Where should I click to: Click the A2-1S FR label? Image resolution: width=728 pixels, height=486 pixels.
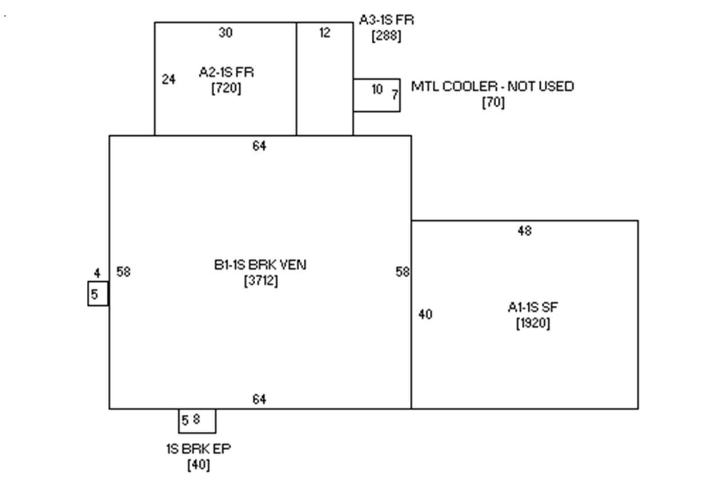pyautogui.click(x=227, y=72)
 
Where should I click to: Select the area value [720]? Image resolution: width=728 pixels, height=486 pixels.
pyautogui.click(x=226, y=88)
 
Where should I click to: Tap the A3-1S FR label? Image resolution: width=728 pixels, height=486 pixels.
pyautogui.click(x=387, y=20)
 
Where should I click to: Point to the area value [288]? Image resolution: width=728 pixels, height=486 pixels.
pyautogui.click(x=386, y=36)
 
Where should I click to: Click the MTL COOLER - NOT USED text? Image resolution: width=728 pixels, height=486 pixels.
pyautogui.click(x=493, y=86)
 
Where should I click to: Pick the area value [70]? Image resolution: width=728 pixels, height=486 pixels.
pyautogui.click(x=493, y=103)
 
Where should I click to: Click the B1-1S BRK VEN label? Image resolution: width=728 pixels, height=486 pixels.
pyautogui.click(x=260, y=265)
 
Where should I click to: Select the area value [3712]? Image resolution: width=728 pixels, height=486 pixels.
pyautogui.click(x=261, y=281)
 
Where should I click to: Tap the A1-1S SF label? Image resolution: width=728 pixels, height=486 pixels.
pyautogui.click(x=533, y=307)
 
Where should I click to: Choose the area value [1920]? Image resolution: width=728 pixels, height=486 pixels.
pyautogui.click(x=533, y=323)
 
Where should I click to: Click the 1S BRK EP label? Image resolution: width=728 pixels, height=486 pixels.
pyautogui.click(x=199, y=449)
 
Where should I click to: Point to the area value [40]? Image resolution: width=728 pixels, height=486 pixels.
pyautogui.click(x=199, y=465)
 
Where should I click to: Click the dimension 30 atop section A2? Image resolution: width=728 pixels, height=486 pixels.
pyautogui.click(x=226, y=33)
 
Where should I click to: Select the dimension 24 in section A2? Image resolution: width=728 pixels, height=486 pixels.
pyautogui.click(x=168, y=79)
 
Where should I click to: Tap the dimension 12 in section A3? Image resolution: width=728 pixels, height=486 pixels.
pyautogui.click(x=325, y=33)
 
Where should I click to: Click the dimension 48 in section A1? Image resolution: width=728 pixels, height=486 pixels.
pyautogui.click(x=525, y=231)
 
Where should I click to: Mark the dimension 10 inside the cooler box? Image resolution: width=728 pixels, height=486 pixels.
pyautogui.click(x=377, y=90)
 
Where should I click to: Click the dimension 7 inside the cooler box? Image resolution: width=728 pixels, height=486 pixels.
pyautogui.click(x=395, y=95)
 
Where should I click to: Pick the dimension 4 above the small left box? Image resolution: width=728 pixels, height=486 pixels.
pyautogui.click(x=97, y=273)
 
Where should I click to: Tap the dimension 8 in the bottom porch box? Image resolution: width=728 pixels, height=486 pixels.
pyautogui.click(x=196, y=419)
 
